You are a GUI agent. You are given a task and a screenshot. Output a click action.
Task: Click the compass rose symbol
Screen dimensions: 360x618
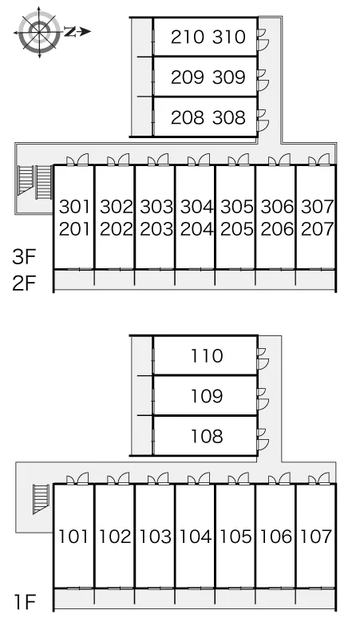40,32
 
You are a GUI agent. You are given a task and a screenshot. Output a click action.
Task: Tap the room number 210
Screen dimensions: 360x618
188,37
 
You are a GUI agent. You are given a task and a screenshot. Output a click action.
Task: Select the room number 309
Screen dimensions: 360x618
229,77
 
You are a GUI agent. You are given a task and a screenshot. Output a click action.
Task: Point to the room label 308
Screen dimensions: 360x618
229,117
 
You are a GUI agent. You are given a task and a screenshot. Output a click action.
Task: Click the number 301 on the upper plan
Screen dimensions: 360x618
75,207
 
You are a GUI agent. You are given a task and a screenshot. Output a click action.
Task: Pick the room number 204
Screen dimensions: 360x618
196,229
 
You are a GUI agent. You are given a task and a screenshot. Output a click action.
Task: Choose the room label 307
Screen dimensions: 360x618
318,207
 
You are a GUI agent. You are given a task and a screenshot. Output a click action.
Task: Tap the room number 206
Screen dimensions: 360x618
277,229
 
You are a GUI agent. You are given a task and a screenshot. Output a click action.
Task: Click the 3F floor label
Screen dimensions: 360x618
24,257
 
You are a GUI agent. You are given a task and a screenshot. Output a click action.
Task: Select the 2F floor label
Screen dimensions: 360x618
24,283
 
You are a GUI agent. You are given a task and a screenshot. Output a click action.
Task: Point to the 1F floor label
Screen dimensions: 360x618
26,602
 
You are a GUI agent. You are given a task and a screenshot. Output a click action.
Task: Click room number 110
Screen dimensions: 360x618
207,356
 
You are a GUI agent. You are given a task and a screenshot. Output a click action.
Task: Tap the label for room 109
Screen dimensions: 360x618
207,396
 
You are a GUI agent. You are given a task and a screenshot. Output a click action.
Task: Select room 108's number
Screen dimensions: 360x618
207,436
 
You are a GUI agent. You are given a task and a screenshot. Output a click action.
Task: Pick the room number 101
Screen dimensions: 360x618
73,537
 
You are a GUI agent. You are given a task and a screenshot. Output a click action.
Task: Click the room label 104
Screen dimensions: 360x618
196,537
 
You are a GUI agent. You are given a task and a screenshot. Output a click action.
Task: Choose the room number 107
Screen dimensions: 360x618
316,537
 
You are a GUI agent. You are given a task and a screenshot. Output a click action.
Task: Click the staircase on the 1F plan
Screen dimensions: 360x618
41,499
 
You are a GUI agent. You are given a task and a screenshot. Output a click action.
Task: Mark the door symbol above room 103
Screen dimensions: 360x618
158,478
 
